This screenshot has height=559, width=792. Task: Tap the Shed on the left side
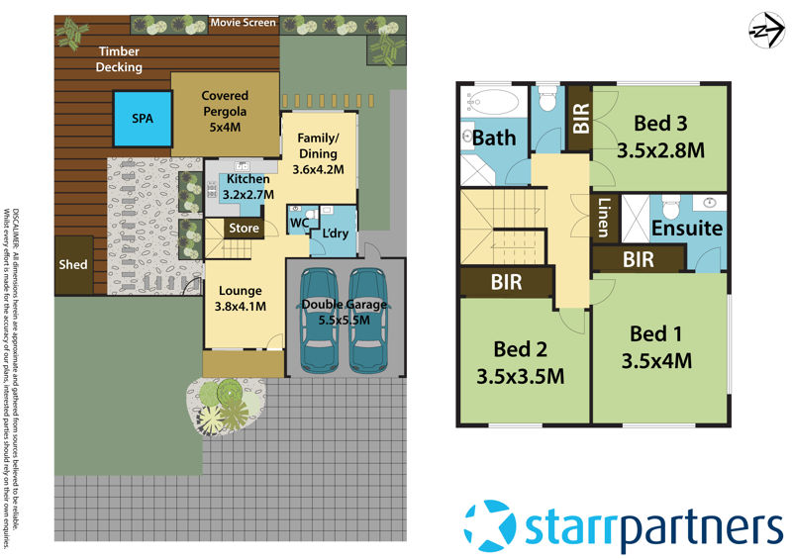74,265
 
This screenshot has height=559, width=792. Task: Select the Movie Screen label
244,23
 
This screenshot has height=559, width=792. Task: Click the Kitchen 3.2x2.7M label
247,186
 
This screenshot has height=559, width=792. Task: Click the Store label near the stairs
245,229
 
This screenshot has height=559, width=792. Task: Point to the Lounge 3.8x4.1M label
239,298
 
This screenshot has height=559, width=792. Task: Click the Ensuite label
686,228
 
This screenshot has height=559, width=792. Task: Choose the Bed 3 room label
660,137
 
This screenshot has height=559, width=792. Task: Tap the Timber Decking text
119,58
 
